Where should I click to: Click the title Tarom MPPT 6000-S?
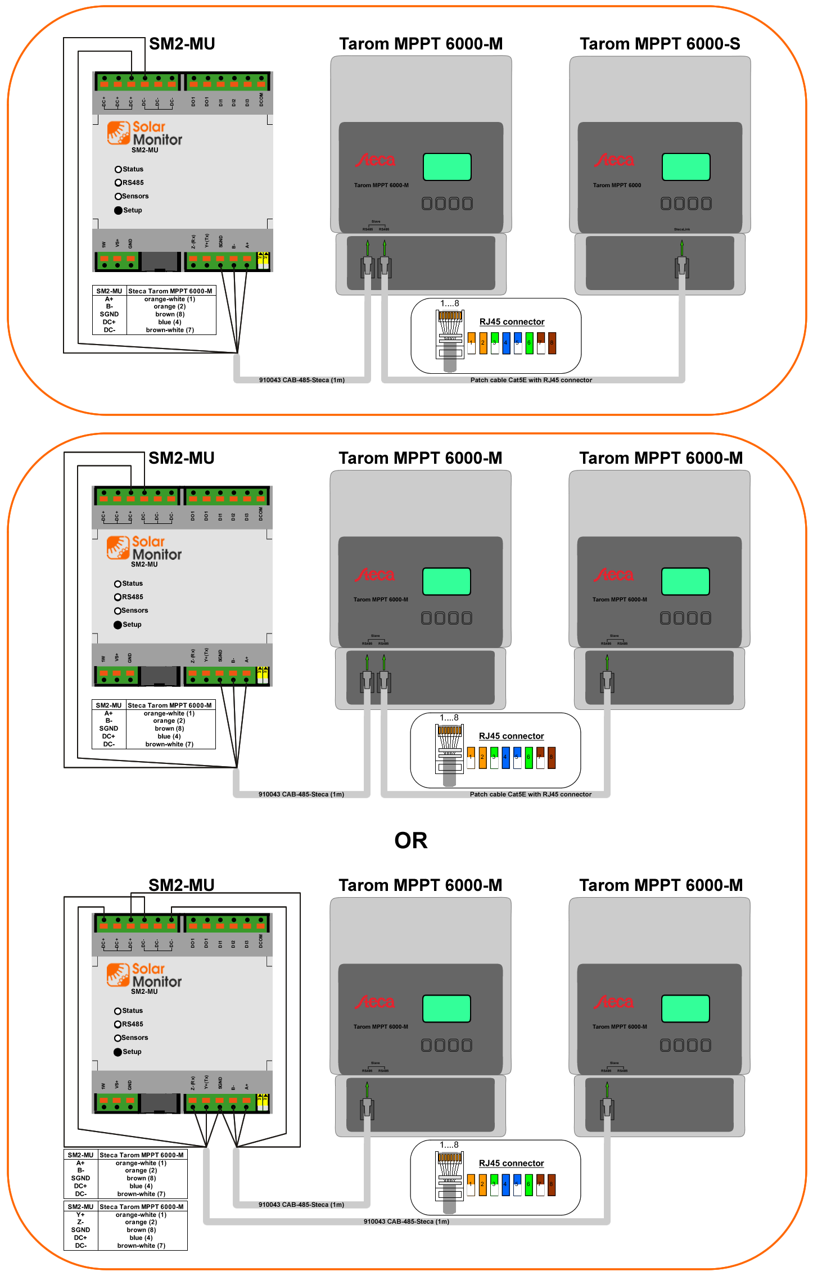coord(660,44)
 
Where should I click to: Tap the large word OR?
coord(411,840)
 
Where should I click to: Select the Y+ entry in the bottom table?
coord(80,1214)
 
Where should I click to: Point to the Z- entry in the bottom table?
coord(80,1222)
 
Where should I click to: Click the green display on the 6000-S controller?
coord(686,167)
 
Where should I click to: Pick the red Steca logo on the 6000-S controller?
coord(614,160)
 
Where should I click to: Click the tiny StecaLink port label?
coord(682,229)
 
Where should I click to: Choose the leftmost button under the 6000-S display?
coord(666,203)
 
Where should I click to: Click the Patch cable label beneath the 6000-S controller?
coord(531,380)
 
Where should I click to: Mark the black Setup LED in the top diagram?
coord(118,210)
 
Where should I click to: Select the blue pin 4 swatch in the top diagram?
coord(506,343)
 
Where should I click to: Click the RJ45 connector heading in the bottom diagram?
coord(511,1163)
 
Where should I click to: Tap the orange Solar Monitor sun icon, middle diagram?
coord(118,547)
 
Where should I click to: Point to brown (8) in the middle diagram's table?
coord(169,729)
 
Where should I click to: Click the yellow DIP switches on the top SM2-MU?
coord(263,260)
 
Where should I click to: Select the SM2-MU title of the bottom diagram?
coord(181,885)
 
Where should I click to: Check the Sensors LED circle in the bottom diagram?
coord(118,1038)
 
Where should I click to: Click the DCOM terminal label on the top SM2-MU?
coord(261,100)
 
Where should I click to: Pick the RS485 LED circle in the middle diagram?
coord(118,597)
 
